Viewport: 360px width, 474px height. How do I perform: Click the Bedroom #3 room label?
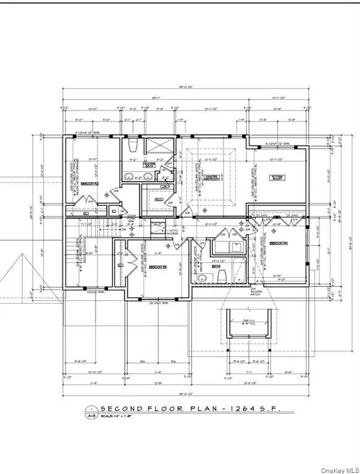(x=157, y=267)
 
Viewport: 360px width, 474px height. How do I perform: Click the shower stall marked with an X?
(x=160, y=150)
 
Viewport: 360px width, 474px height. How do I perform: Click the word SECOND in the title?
(x=122, y=409)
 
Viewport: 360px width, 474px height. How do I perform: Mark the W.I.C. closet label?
(x=157, y=200)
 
